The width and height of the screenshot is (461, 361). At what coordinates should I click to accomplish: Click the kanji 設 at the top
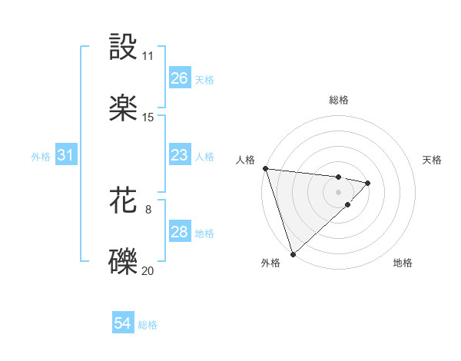tap(124, 47)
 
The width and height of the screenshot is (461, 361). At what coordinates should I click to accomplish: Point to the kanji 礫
tap(124, 260)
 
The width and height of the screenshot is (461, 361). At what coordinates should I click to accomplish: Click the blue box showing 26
tap(179, 78)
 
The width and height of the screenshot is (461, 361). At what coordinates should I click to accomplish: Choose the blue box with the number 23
tap(179, 155)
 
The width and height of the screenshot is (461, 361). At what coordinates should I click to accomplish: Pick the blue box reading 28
tap(179, 232)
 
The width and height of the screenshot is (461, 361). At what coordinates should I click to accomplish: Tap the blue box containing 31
tap(65, 155)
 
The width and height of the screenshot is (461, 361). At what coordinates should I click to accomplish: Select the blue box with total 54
tap(122, 324)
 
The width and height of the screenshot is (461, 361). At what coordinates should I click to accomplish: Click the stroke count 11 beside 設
tap(148, 56)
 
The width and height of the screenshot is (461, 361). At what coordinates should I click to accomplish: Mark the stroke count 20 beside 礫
tap(148, 270)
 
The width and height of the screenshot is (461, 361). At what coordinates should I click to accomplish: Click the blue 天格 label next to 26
tap(204, 79)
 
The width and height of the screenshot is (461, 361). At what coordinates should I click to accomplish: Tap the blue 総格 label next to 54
tap(148, 325)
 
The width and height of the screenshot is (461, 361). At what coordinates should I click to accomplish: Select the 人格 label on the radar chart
tap(245, 160)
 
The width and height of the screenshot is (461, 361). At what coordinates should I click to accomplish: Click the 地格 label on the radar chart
tap(403, 263)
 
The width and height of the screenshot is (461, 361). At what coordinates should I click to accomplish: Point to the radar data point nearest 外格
tap(292, 253)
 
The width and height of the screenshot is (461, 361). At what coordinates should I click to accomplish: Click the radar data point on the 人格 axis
tap(265, 168)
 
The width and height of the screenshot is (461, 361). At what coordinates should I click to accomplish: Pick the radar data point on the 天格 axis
tap(368, 183)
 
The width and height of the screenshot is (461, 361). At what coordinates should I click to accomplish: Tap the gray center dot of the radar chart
tap(339, 191)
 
